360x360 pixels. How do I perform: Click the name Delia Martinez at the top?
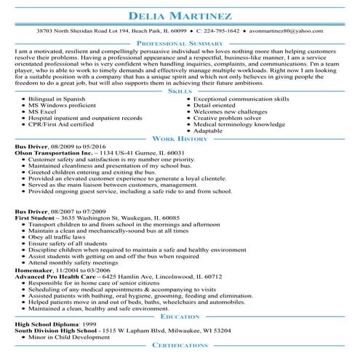click(x=180, y=15)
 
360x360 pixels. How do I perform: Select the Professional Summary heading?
click(x=180, y=44)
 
